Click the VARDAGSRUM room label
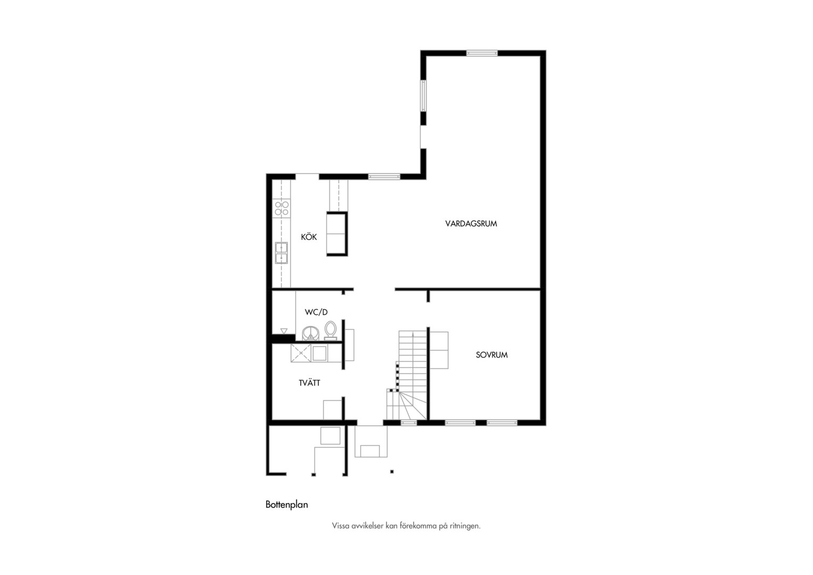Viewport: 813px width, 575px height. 471,224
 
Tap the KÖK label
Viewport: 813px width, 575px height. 309,237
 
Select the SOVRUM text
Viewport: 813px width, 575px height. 492,355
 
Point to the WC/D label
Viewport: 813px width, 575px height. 316,312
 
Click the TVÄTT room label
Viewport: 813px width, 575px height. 309,383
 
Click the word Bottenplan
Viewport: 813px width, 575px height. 287,505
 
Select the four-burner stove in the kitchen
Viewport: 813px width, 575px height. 281,208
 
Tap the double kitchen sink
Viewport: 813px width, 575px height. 281,253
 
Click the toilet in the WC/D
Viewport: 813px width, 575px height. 330,331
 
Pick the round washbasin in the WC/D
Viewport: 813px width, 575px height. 310,333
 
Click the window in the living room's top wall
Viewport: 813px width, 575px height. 482,53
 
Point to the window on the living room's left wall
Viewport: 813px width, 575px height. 423,95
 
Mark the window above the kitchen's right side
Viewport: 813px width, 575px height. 384,177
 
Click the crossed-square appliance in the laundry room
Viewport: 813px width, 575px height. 301,353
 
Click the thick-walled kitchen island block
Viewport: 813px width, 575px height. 337,234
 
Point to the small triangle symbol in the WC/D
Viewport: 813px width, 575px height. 284,331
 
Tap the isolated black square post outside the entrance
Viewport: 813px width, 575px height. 392,472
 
